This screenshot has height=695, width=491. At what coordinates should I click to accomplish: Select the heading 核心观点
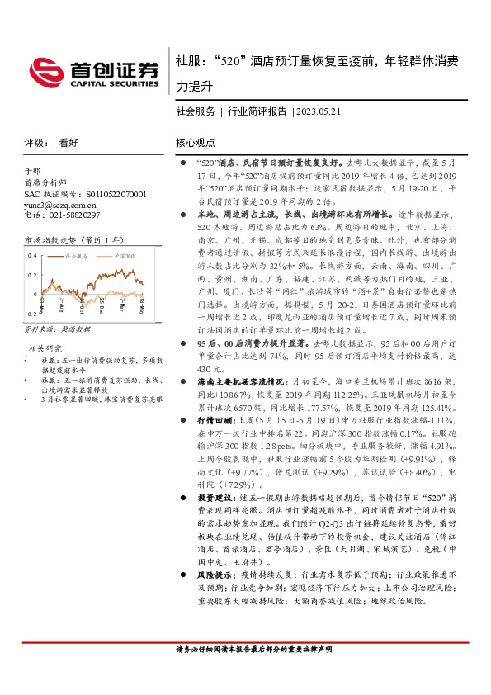pyautogui.click(x=196, y=142)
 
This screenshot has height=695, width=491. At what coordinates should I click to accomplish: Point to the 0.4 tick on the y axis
pyautogui.click(x=32, y=254)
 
